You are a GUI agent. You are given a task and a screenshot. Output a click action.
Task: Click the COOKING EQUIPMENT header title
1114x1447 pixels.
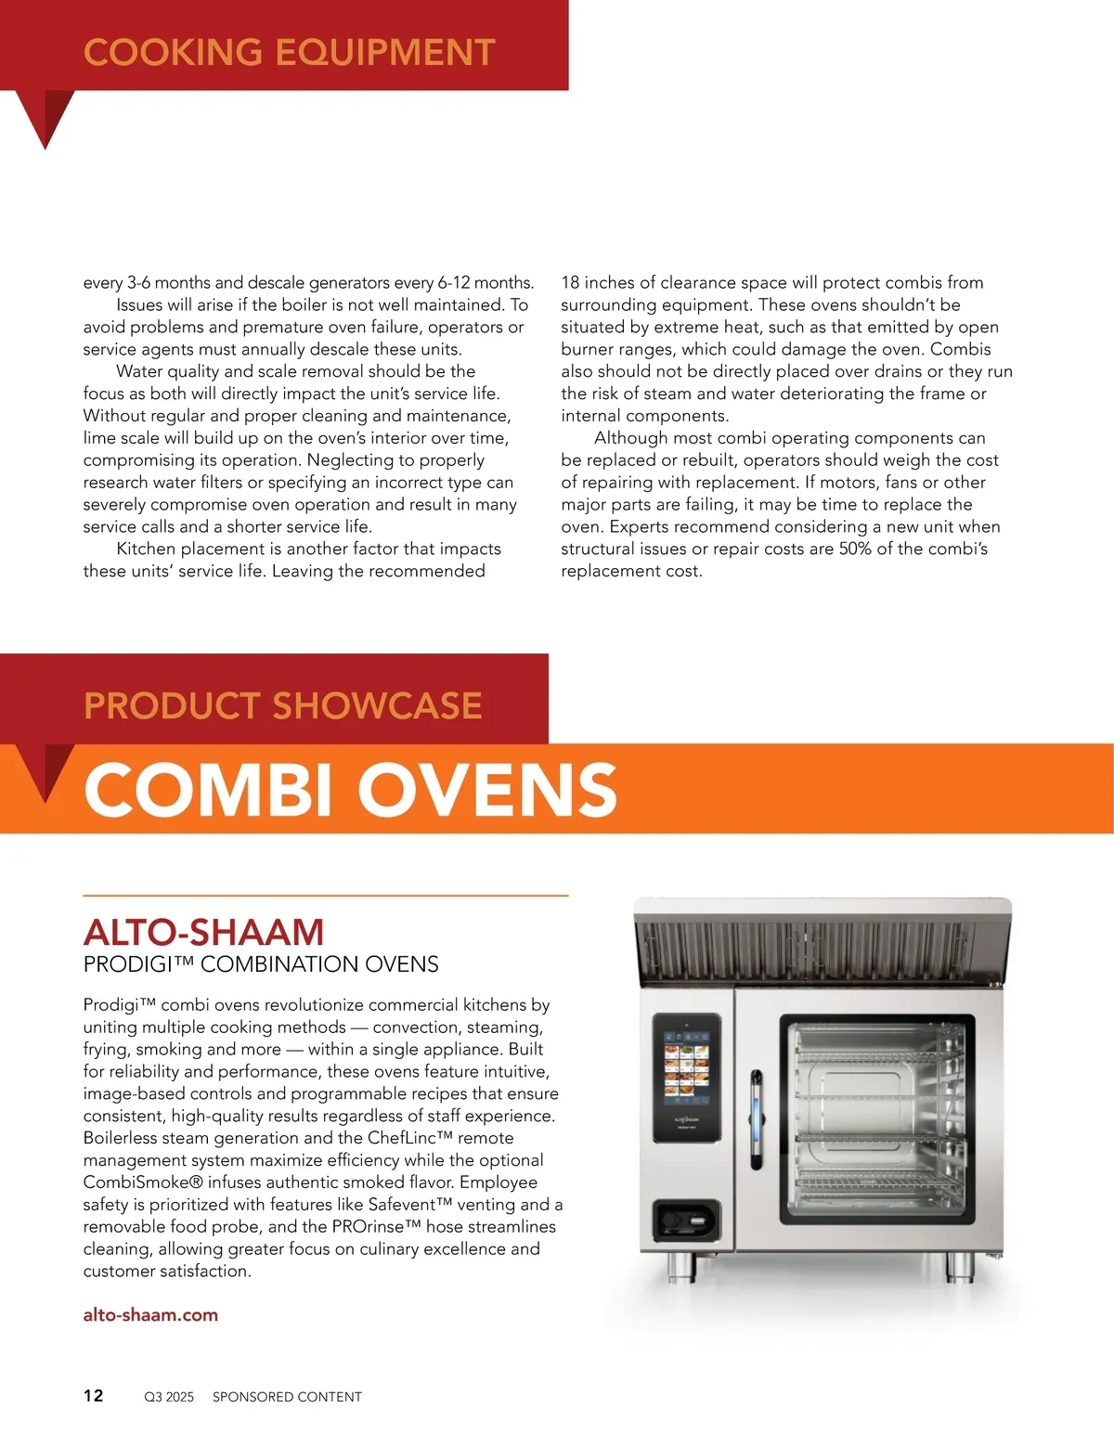289,52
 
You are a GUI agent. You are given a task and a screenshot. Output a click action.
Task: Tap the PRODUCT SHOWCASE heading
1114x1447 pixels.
282,705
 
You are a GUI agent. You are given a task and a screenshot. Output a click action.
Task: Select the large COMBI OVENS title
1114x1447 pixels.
350,790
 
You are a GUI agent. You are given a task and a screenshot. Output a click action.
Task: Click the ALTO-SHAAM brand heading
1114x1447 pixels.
203,932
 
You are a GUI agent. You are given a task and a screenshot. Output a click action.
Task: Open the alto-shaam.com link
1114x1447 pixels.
150,1314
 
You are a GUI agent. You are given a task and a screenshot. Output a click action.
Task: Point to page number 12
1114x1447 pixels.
94,1396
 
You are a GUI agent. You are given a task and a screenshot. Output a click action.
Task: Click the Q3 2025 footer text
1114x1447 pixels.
169,1397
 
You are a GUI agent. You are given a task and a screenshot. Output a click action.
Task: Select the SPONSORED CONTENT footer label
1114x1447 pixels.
287,1397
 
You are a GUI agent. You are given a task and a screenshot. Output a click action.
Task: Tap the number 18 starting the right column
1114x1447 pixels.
570,282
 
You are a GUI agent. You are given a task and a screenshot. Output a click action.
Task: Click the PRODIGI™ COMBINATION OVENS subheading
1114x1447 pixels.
261,964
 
